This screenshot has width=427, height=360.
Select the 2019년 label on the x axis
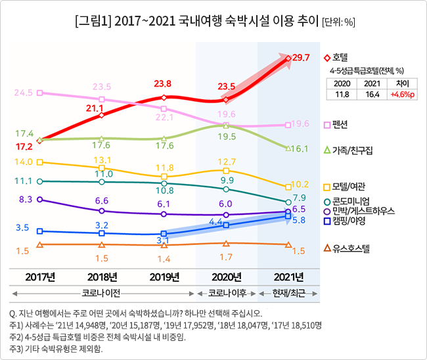[164, 276]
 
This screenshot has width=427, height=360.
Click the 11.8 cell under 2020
[342, 95]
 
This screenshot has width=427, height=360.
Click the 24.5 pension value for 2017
[23, 93]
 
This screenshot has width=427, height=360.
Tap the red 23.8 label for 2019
[162, 84]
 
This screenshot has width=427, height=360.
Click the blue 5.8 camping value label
[298, 220]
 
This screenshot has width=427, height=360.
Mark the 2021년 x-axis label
[288, 276]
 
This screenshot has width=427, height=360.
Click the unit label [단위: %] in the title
[338, 22]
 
